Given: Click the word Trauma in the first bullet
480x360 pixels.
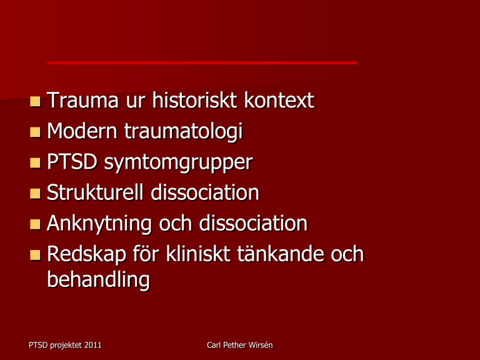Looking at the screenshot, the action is pos(82,100).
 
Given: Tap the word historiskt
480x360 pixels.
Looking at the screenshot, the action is pos(195,100).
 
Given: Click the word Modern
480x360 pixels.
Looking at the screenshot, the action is pos(82,131).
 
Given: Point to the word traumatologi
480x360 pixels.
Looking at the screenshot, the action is pos(183,132).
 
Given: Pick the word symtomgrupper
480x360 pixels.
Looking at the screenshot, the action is pos(179,163).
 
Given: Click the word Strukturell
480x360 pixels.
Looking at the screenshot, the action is pos(95,192).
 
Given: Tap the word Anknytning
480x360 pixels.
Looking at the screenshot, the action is pos(99,224).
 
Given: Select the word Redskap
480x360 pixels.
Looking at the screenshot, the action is pos(86,255).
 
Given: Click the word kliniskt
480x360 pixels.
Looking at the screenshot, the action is pos(198,254).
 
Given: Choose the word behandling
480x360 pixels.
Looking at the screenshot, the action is pos(98,280).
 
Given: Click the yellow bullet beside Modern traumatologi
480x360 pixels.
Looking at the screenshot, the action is pos(35,132).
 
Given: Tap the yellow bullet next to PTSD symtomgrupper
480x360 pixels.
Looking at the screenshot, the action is pos(35,163).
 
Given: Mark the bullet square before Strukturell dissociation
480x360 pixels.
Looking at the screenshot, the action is pos(35,194).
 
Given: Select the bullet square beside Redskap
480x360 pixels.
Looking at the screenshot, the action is pos(35,255).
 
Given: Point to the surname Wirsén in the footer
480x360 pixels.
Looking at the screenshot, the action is pos(261,345).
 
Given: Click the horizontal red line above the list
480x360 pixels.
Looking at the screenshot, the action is pos(202,62).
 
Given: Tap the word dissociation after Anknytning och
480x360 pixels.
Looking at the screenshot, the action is pos(253,223).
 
